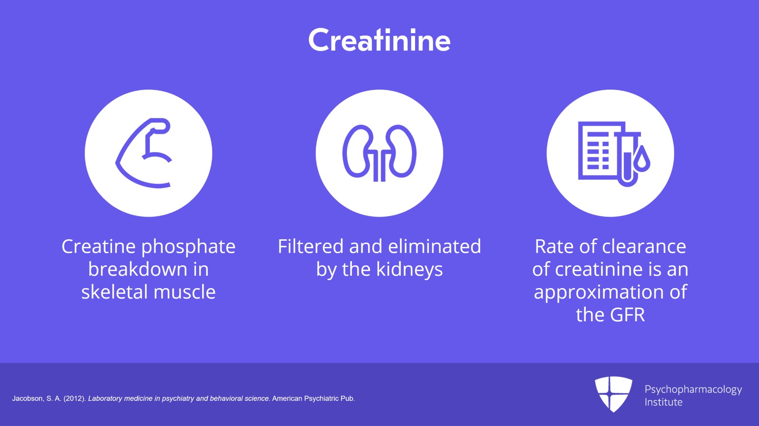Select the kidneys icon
pyautogui.click(x=379, y=153)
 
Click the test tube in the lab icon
pyautogui.click(x=627, y=159)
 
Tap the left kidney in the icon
pyautogui.click(x=356, y=151)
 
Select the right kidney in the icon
pyautogui.click(x=403, y=151)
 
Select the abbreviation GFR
pyautogui.click(x=627, y=315)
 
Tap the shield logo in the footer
pyautogui.click(x=613, y=394)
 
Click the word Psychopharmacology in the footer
pyautogui.click(x=693, y=390)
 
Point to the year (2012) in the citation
pyautogui.click(x=74, y=399)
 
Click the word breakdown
pyautogui.click(x=138, y=269)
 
